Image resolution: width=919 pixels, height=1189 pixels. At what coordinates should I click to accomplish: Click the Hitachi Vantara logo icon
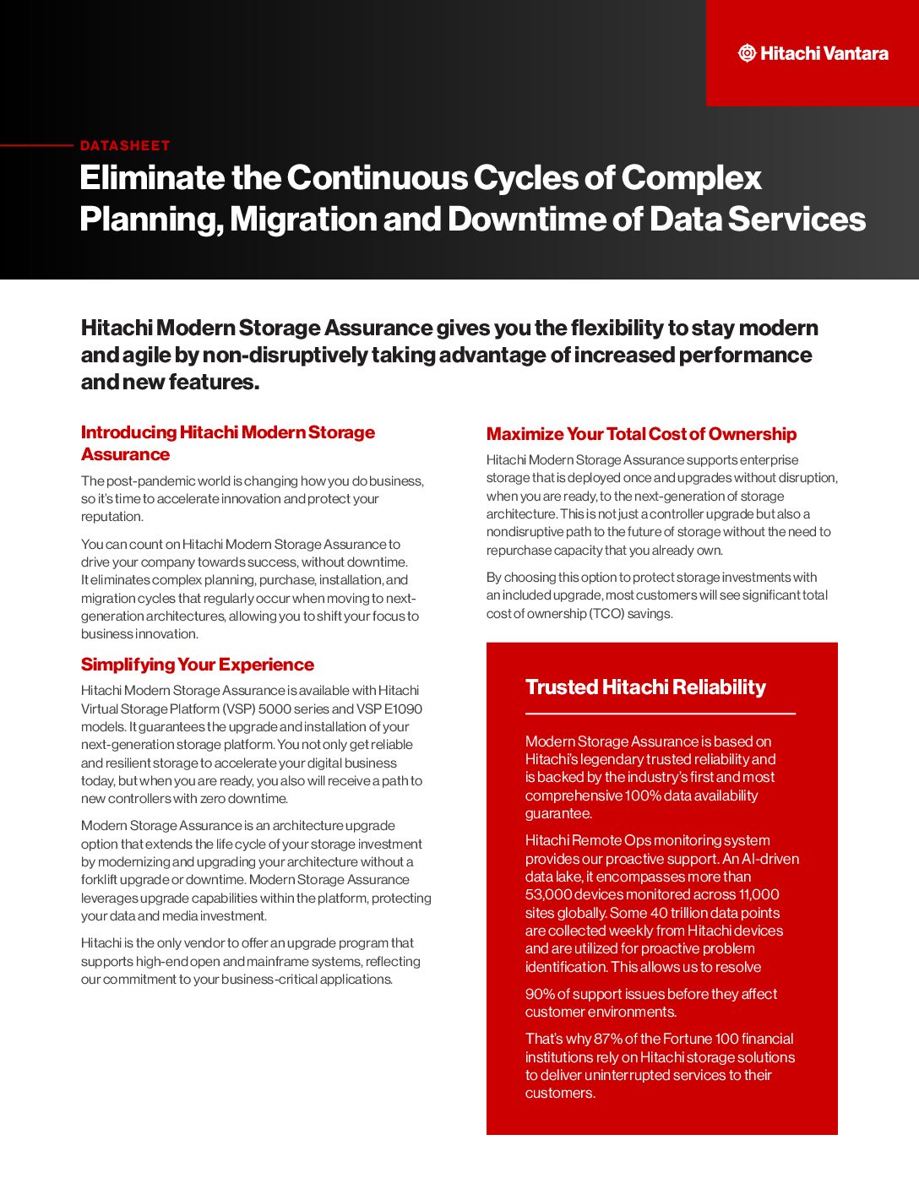click(x=747, y=53)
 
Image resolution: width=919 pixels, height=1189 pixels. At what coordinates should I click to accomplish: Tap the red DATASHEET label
click(x=125, y=145)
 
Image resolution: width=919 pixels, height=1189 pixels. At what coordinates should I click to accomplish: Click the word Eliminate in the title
click(x=151, y=178)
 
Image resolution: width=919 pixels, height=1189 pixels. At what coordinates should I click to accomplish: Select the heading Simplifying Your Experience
click(x=198, y=665)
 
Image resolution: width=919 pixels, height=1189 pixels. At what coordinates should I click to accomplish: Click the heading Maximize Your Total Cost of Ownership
click(x=641, y=434)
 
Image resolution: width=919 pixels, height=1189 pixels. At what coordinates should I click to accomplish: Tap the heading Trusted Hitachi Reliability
click(x=645, y=687)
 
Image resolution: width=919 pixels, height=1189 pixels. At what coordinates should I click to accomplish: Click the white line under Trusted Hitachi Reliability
click(x=660, y=714)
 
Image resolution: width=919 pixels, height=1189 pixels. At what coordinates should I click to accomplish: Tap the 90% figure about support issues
click(x=540, y=994)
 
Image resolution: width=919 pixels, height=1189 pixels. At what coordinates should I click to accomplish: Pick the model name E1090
click(x=402, y=709)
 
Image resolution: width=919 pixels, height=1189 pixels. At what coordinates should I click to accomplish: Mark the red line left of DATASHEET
click(x=37, y=145)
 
